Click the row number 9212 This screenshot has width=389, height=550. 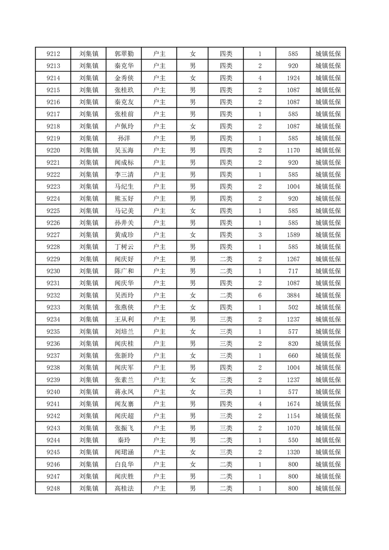[53, 54]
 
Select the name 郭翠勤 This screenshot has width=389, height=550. [124, 54]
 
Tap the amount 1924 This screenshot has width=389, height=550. [293, 78]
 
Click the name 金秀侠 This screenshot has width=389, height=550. [124, 78]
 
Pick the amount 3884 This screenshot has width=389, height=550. [293, 295]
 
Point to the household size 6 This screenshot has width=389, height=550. [259, 295]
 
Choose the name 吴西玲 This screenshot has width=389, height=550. [124, 295]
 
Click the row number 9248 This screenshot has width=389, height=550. [53, 488]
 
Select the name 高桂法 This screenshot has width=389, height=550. [124, 488]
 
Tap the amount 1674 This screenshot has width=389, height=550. [293, 403]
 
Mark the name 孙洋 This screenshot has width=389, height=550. [124, 138]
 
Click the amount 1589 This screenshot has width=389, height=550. [293, 235]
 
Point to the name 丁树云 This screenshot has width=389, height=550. [124, 247]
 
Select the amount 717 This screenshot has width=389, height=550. [293, 271]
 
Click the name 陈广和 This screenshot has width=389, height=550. [124, 271]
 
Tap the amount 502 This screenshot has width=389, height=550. [293, 307]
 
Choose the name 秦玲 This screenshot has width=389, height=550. [124, 440]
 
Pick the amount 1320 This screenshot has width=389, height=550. [293, 452]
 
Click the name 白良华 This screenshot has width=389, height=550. [124, 464]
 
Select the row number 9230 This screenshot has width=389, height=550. [53, 271]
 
